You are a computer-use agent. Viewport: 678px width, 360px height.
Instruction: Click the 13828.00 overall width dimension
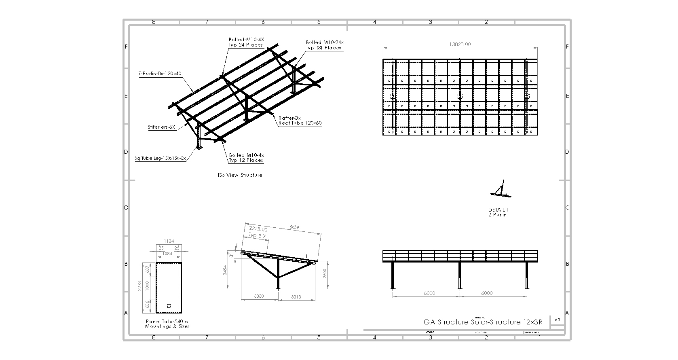460,44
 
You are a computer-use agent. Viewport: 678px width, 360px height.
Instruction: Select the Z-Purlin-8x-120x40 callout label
159,74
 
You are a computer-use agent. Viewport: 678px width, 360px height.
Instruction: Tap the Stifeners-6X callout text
161,127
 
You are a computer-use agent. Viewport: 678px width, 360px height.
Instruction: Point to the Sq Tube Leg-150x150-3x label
160,159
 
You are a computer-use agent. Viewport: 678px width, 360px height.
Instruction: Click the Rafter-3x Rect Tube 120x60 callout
300,121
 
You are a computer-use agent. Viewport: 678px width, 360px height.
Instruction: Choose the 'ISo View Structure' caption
240,175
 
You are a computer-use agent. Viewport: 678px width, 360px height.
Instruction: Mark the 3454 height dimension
225,270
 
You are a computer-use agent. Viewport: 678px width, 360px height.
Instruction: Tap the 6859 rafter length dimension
294,227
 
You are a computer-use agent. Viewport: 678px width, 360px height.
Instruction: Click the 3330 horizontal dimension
259,296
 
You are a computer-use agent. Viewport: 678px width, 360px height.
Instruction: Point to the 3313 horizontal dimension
296,297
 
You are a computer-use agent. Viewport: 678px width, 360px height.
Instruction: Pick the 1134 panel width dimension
169,241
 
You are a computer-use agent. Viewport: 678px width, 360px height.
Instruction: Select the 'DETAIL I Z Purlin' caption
498,212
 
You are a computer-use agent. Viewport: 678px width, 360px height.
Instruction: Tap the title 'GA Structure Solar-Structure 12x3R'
483,322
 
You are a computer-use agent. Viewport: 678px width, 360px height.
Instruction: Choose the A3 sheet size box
558,320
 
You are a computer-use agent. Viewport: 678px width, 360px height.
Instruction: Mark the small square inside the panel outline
169,306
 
